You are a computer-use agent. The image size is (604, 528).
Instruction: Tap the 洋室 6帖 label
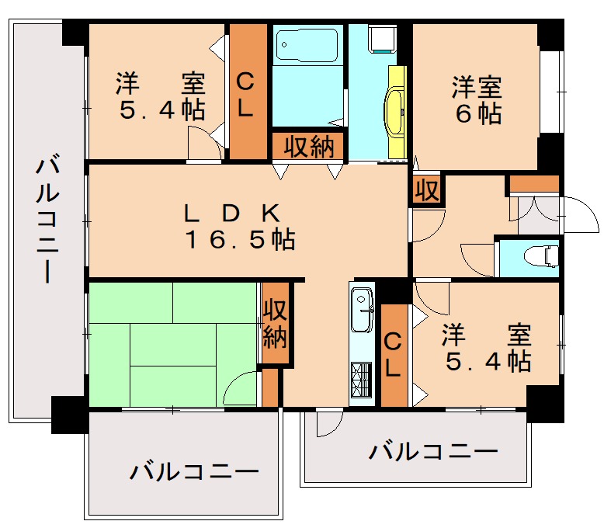[477, 99]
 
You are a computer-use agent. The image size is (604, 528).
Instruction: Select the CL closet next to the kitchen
[394, 355]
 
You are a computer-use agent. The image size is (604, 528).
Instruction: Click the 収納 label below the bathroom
[308, 145]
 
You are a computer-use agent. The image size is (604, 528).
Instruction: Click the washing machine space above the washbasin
[381, 39]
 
